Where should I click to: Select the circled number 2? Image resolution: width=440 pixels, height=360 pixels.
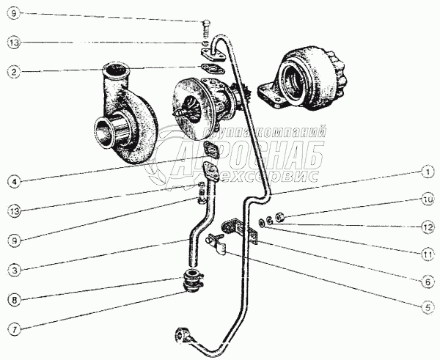pyautogui.click(x=13, y=71)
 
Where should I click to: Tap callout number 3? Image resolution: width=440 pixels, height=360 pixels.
pyautogui.click(x=13, y=270)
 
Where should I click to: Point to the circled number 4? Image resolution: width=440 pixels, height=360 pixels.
pyautogui.click(x=13, y=180)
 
